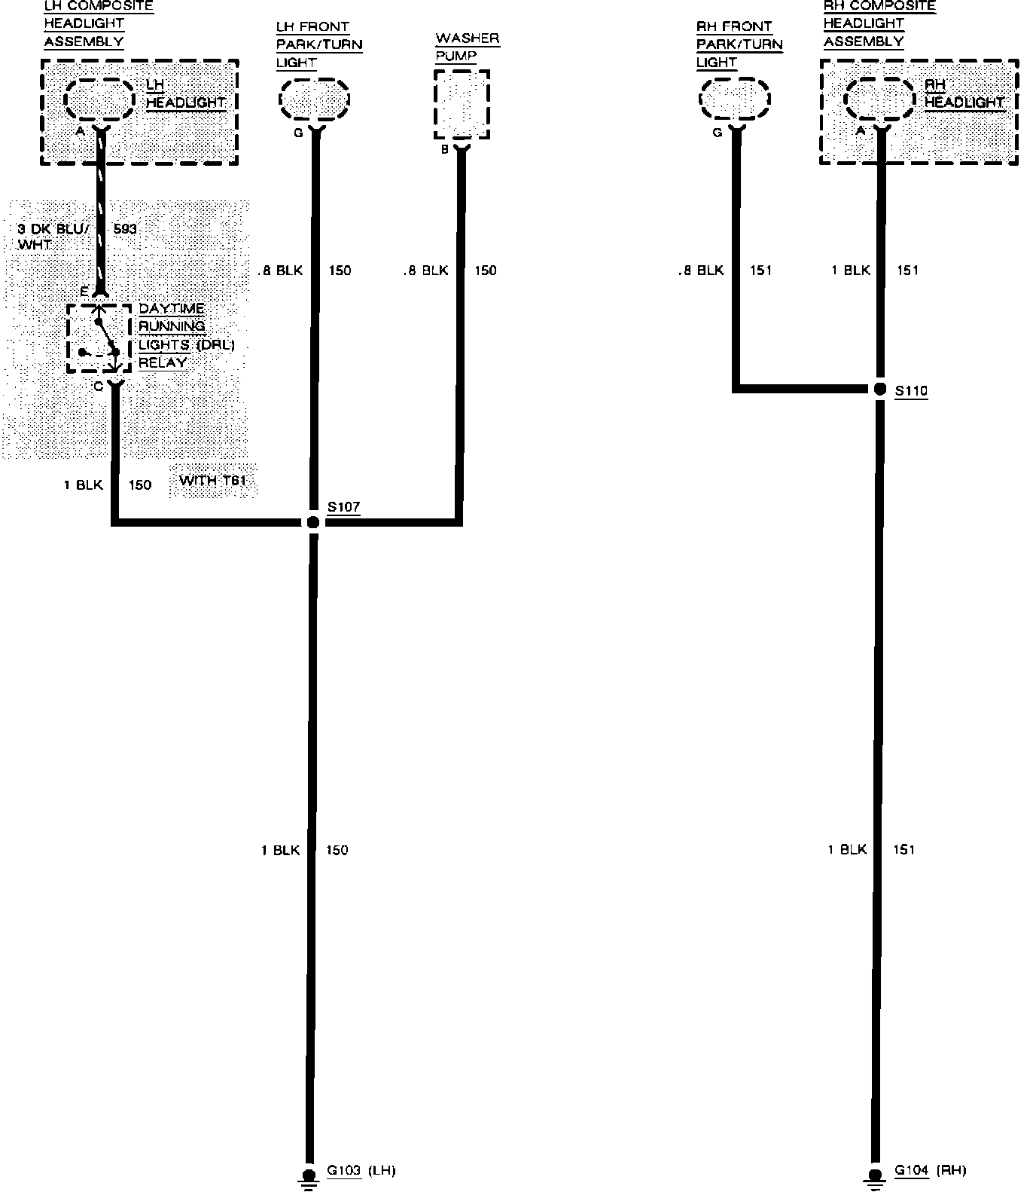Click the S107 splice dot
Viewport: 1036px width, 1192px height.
tap(313, 521)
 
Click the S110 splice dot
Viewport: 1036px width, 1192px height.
tap(879, 390)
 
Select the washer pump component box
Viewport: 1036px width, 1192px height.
tap(462, 105)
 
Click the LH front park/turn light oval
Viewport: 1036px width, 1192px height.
tap(315, 99)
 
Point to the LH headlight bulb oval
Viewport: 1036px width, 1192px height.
tap(100, 99)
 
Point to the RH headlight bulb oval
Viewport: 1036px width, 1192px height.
tap(879, 99)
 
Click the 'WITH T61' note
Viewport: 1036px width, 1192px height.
tap(214, 481)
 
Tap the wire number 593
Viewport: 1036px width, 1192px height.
tap(126, 228)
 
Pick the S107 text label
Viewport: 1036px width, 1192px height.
tap(343, 506)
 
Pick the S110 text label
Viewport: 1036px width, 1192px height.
tap(911, 390)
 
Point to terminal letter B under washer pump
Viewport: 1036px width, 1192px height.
tap(445, 149)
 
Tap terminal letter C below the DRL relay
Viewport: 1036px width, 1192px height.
tap(98, 386)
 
